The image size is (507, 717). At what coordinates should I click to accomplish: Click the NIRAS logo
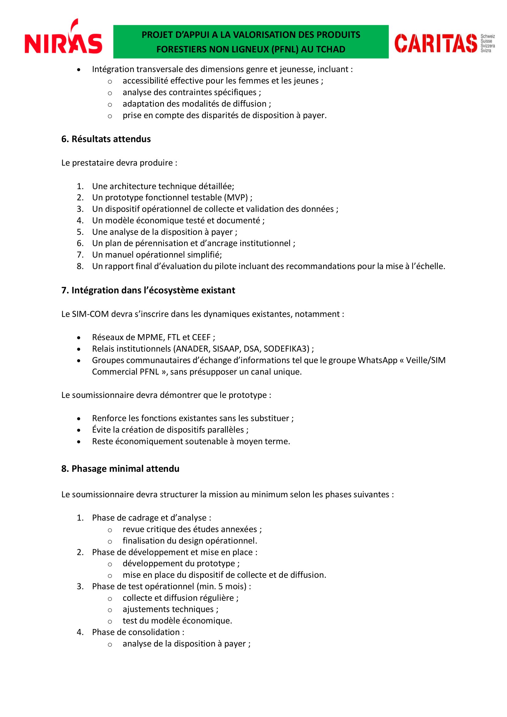63,39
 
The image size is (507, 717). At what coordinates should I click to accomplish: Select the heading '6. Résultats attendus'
106,139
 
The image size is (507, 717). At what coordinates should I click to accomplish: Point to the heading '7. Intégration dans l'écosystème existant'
148,290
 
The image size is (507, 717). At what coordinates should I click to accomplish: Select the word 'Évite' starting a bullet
101,430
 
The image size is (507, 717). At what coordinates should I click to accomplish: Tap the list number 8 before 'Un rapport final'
80,266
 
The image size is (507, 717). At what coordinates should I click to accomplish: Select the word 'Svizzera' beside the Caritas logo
487,46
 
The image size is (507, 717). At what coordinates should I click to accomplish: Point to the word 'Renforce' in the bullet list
109,418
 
